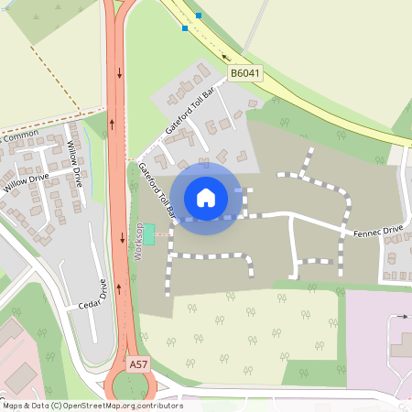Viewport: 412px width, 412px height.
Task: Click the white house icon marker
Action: click(x=206, y=197)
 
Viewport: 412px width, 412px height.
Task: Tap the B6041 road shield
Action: click(x=244, y=72)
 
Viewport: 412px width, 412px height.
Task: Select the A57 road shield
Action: click(x=138, y=364)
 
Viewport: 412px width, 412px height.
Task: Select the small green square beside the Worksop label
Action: click(x=149, y=233)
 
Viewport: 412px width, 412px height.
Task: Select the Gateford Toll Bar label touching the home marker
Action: click(x=157, y=191)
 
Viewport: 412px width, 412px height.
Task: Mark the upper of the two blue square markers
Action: click(x=199, y=16)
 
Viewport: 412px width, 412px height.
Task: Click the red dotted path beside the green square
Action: click(x=161, y=234)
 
